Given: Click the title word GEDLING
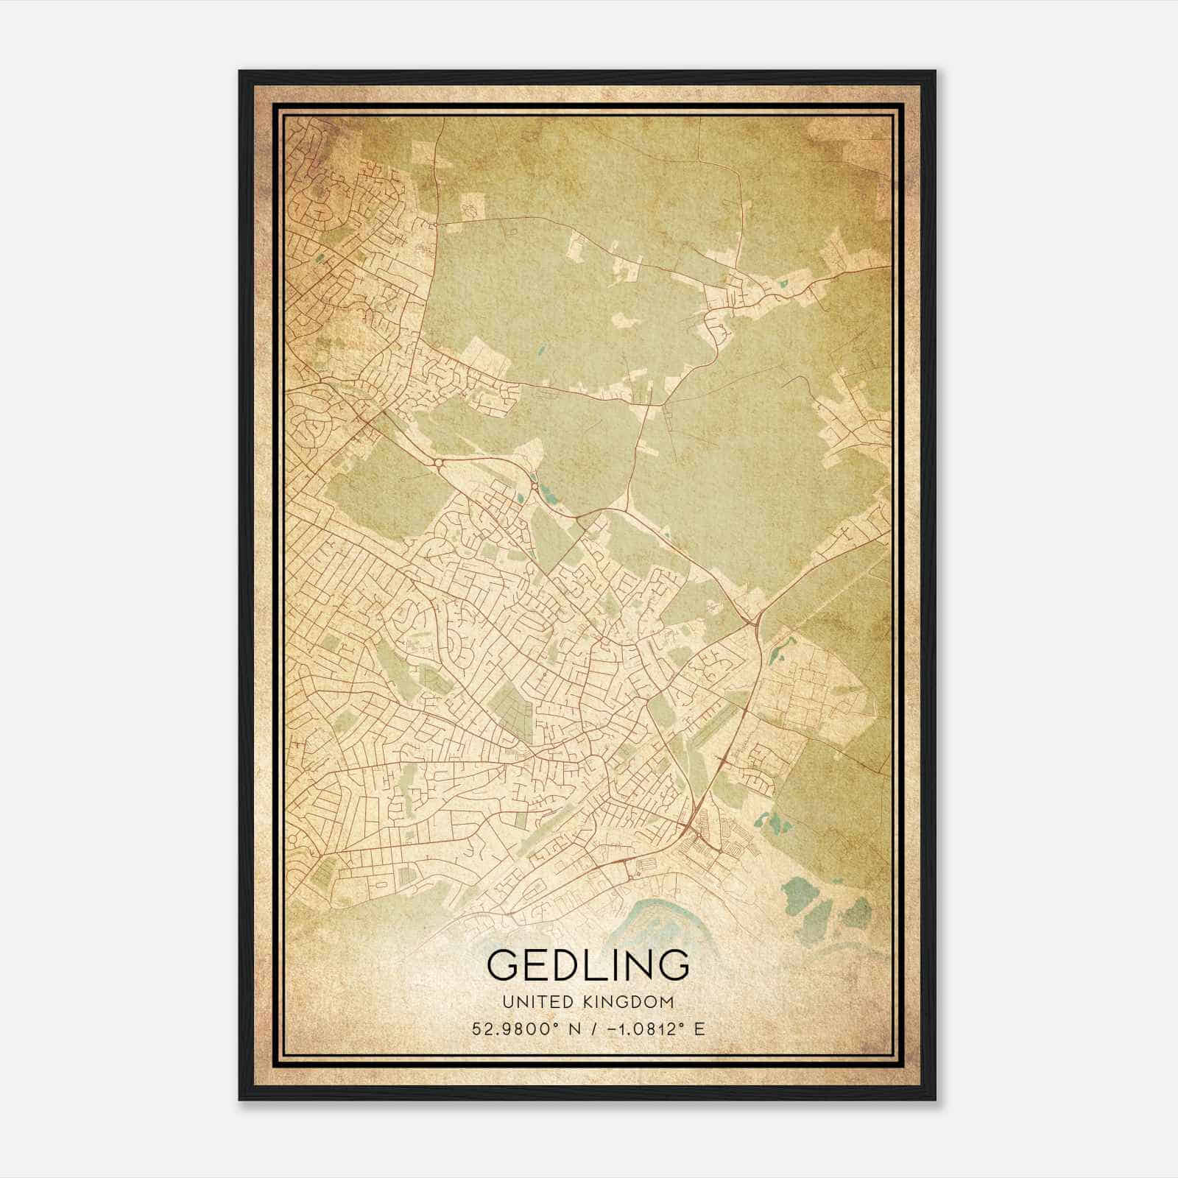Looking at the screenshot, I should [x=588, y=965].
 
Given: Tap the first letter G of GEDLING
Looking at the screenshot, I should [x=505, y=965].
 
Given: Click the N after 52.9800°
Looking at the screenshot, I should [x=574, y=1029].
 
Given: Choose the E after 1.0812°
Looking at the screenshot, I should [x=699, y=1029].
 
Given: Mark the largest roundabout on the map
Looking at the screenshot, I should [x=439, y=462].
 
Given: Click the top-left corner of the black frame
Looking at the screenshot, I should [x=240, y=71].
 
